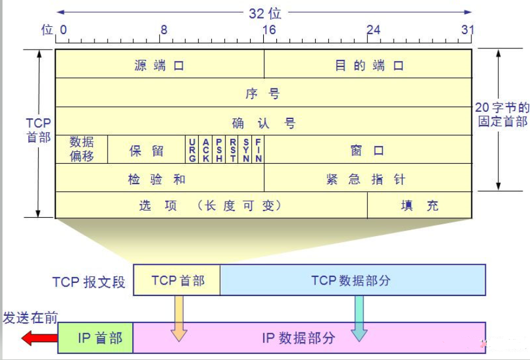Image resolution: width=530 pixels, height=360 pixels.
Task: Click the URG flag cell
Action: click(x=192, y=150)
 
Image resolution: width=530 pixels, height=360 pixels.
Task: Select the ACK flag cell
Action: click(x=206, y=150)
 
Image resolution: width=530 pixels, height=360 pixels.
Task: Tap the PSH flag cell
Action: click(x=219, y=150)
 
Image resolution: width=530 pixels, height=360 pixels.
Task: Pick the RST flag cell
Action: click(x=232, y=150)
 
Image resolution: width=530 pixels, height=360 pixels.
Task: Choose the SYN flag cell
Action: click(x=245, y=150)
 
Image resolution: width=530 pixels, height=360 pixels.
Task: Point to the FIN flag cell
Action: click(x=258, y=150)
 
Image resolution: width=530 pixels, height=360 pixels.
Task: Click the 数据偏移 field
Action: click(x=81, y=150)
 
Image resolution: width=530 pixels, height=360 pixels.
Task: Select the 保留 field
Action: click(x=147, y=150)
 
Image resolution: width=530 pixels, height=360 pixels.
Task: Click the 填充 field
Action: click(x=419, y=205)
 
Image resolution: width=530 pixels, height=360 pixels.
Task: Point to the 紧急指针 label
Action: click(x=365, y=179)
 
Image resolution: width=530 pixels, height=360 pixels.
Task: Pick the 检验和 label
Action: click(x=157, y=179)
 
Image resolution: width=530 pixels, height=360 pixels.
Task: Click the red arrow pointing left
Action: click(x=39, y=338)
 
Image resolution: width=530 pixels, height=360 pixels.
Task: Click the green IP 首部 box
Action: click(x=96, y=338)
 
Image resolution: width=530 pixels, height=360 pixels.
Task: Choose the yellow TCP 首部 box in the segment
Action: click(x=177, y=280)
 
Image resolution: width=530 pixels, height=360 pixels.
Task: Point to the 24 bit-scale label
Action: click(x=373, y=30)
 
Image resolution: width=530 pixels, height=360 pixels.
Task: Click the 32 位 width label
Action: click(x=265, y=14)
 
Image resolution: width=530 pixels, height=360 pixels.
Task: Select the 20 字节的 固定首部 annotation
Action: click(x=502, y=114)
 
